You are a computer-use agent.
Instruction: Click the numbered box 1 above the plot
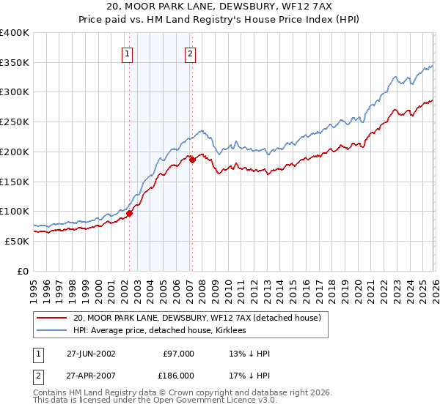coord(128,53)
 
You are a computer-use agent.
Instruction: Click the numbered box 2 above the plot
coord(190,53)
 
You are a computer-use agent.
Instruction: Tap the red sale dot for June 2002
coord(129,214)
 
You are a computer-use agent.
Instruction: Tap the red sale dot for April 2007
coord(192,160)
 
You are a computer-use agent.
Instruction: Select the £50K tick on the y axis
coord(18,241)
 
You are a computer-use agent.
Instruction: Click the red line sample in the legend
coord(51,318)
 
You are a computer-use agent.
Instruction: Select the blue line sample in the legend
coord(51,331)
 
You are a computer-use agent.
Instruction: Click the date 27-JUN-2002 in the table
coord(91,354)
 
